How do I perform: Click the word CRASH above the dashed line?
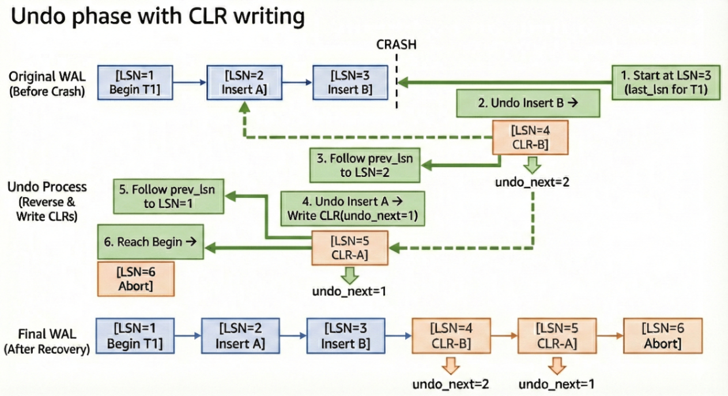(396, 44)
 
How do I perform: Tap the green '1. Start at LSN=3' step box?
(666, 82)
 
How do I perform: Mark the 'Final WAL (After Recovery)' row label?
(47, 341)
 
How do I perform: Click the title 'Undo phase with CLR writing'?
(157, 17)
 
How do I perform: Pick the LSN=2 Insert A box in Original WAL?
(245, 83)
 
